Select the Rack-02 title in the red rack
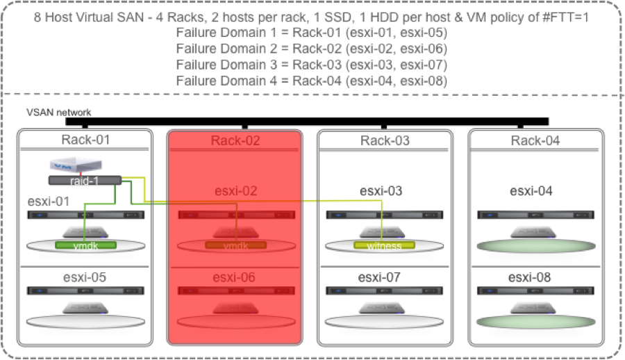235,140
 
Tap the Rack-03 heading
385,140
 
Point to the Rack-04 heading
535,140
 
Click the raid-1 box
85,180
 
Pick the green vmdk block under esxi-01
85,245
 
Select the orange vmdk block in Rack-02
235,245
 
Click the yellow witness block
384,245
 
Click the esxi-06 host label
235,277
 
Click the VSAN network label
58,112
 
